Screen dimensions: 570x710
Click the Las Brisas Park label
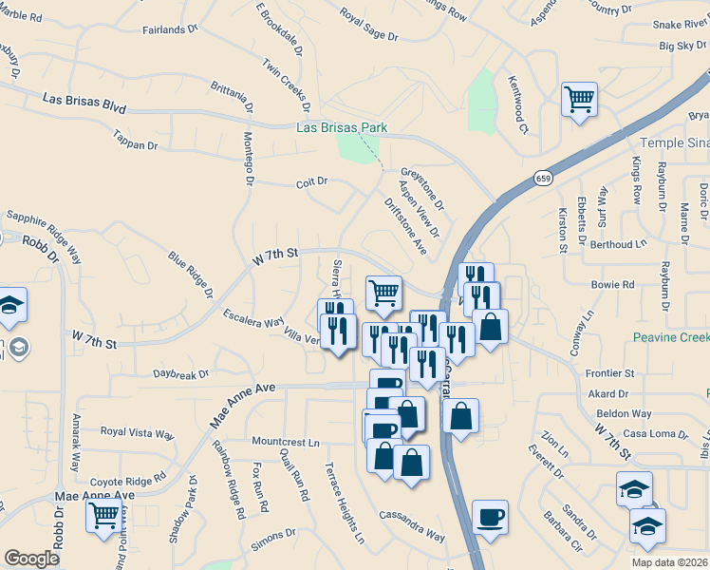(x=342, y=127)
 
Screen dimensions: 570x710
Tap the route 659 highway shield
(x=543, y=178)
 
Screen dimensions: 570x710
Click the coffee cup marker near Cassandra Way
(x=490, y=518)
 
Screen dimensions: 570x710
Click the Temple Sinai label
(x=674, y=142)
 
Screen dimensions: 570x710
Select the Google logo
(x=31, y=559)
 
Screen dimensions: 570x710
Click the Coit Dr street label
(x=311, y=181)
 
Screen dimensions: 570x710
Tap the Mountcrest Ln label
(x=286, y=442)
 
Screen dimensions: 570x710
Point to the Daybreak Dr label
(x=180, y=375)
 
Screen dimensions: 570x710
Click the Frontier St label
(x=610, y=374)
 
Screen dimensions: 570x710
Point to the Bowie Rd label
(x=612, y=284)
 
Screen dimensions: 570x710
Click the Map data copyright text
(x=668, y=561)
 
